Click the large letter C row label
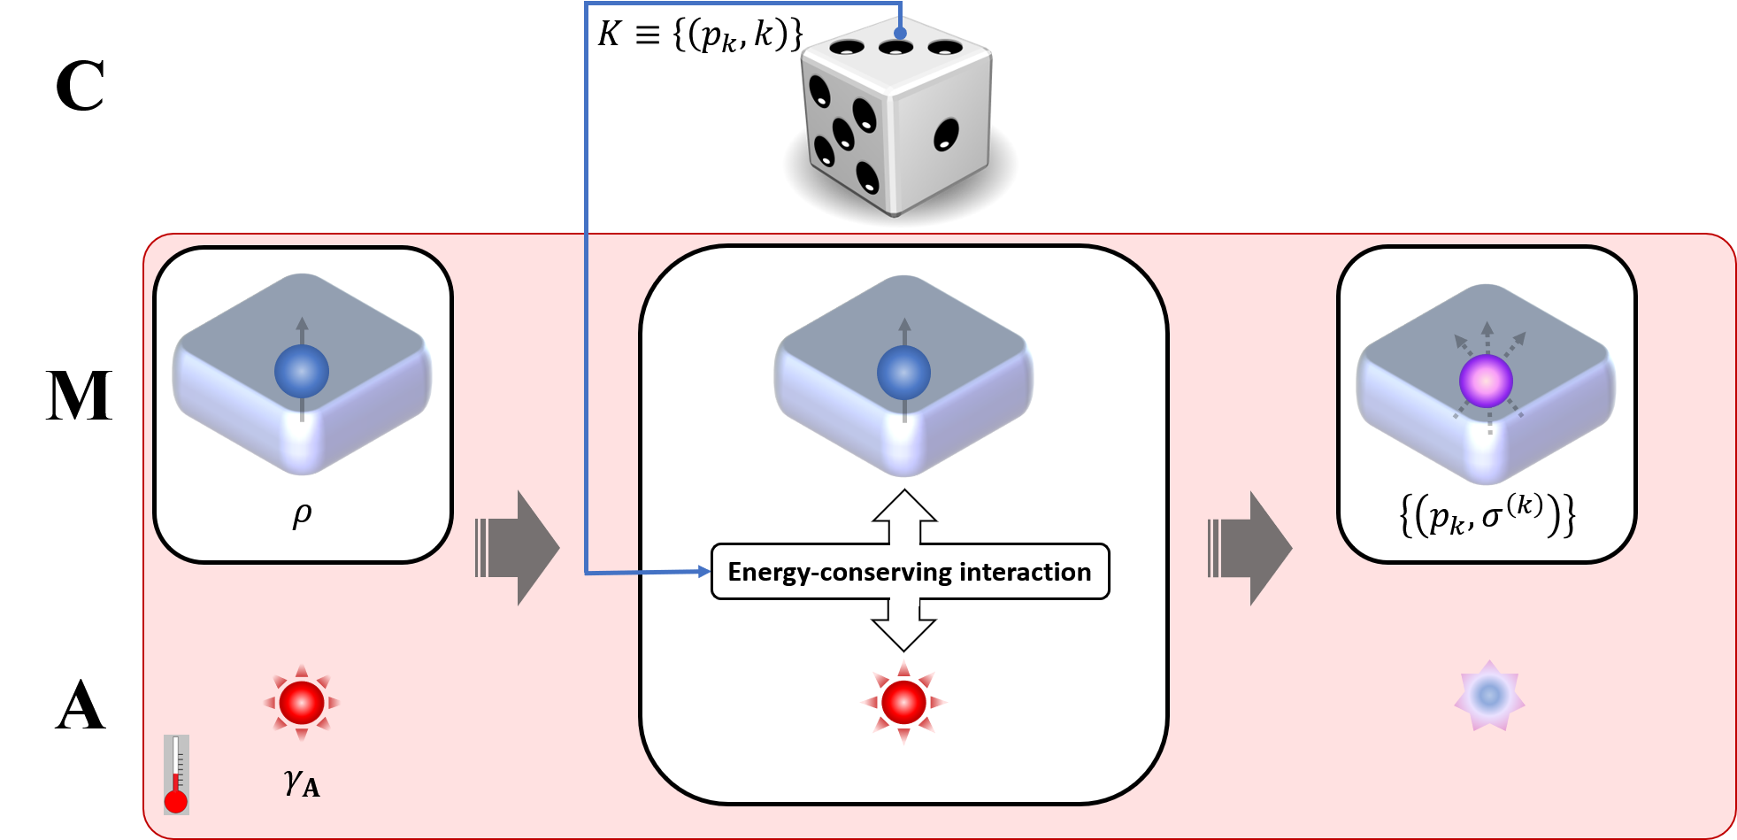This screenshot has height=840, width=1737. tap(80, 86)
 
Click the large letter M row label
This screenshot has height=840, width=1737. tap(79, 395)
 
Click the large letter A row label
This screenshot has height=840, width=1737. tap(81, 705)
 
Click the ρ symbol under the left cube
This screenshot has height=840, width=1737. tap(302, 514)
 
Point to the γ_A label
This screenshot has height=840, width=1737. tap(302, 782)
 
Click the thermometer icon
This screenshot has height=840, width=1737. tap(176, 774)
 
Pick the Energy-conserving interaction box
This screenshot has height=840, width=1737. tap(910, 572)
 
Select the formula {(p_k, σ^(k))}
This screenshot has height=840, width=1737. tap(1487, 515)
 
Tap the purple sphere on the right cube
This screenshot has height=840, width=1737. tap(1486, 381)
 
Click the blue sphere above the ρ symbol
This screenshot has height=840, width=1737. tap(302, 371)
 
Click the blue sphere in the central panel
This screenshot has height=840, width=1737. tap(903, 373)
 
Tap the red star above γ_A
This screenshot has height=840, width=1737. tap(302, 703)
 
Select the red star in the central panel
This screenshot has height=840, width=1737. tap(903, 703)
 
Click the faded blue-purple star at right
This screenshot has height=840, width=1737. tap(1489, 695)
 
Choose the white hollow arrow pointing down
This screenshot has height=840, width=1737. tap(904, 625)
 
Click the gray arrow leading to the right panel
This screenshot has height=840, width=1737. tap(1249, 548)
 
